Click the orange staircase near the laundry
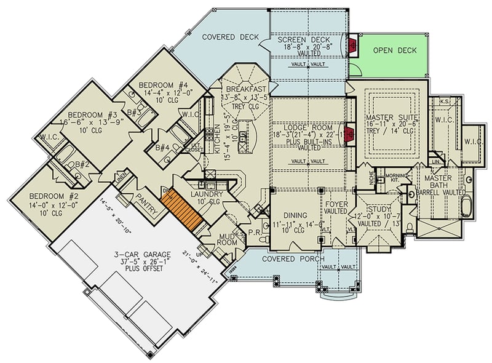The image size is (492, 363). tap(185, 210)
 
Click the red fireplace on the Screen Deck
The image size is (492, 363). tap(353, 45)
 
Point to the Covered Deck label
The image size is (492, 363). tap(227, 36)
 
